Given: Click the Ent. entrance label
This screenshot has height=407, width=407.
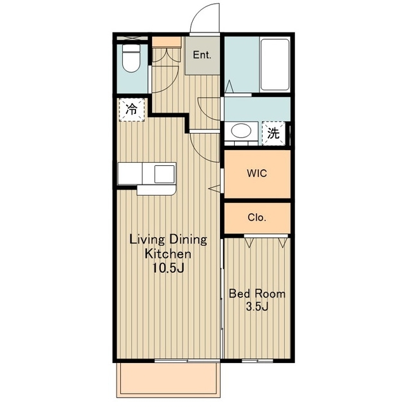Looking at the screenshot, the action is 202,55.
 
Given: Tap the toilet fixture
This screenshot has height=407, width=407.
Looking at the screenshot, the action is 131,58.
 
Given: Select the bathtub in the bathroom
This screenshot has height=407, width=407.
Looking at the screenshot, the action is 275,65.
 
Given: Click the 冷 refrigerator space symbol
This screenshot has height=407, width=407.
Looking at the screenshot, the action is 132,109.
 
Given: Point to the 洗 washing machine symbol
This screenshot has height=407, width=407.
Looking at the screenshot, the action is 273,134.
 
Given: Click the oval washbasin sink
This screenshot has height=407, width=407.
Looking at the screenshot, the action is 241,130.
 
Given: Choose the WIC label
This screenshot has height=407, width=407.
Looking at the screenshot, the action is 257,173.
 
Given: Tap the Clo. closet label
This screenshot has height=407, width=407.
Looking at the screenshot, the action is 257,217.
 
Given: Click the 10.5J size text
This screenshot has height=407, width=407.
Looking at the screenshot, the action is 168,268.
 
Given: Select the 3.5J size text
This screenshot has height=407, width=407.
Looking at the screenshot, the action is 257,307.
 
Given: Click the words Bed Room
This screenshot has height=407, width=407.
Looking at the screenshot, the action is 257,294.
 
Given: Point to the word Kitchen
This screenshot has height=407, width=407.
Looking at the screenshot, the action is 168,254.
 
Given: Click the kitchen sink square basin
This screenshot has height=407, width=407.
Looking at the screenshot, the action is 165,174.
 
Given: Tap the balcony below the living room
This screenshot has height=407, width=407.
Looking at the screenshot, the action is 168,380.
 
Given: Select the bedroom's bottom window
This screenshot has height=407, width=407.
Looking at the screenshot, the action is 257,361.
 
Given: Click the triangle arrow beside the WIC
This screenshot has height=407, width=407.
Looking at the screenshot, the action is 215,189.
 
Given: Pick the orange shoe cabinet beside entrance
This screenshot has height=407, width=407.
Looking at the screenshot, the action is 167,42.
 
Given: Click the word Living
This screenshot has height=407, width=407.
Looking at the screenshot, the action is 147,240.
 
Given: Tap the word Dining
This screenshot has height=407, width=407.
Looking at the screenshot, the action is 188,240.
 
